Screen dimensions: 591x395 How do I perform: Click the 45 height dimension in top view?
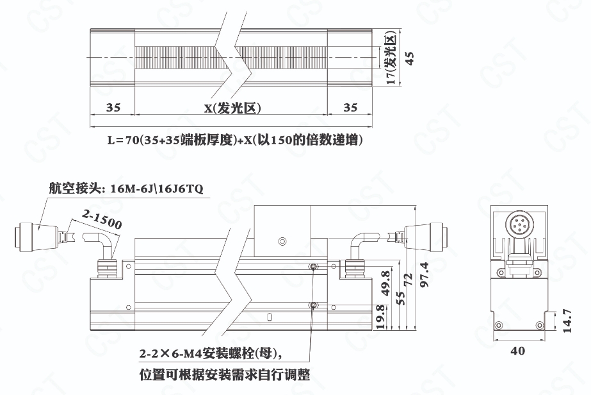coord(410,58)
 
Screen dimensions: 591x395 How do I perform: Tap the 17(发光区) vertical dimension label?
coord(391,58)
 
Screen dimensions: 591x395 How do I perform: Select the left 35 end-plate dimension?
coord(113,108)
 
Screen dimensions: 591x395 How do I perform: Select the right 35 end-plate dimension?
coord(350,108)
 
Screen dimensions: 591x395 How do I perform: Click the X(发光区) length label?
coord(232,108)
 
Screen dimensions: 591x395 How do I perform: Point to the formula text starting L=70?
coord(235,140)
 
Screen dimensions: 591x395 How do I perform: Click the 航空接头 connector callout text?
coord(126,188)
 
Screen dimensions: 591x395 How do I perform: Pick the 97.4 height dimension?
coord(425,274)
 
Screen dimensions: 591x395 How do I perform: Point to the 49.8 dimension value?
coord(385,283)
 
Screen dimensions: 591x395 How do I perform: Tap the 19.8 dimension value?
coord(381,317)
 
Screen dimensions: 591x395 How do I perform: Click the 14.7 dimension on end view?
coord(567,321)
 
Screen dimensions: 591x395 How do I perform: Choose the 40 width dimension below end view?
coord(517,351)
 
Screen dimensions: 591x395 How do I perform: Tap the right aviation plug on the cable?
coord(423,235)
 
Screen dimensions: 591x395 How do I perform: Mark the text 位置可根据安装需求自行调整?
coord(225,375)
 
